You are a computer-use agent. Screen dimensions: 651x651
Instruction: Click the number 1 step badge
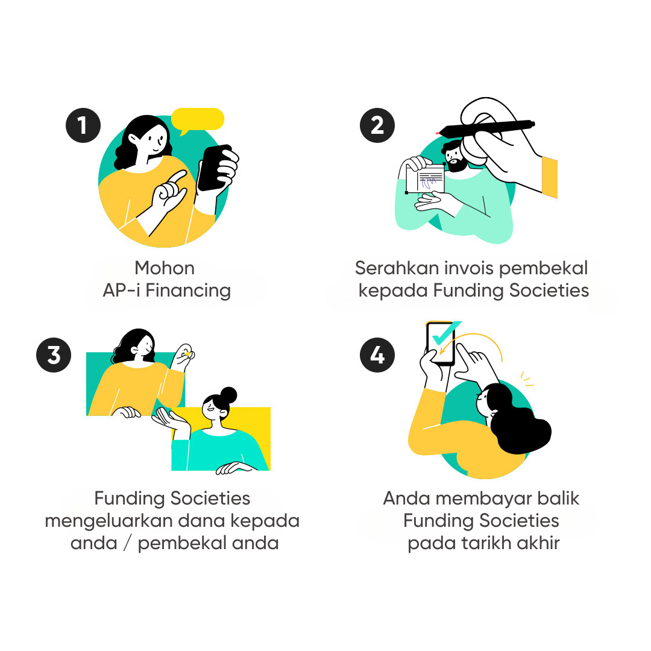83,125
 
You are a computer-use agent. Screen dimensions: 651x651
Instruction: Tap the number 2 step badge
377,125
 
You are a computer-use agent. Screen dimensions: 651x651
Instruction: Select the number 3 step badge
54,355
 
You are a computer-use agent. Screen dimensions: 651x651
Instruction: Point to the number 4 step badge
377,355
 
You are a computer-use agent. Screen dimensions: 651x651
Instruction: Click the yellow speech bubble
198,119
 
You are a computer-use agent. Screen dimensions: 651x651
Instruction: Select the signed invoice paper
425,179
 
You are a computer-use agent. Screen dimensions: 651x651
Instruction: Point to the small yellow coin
188,353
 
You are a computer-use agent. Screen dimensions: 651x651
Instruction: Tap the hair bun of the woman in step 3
228,395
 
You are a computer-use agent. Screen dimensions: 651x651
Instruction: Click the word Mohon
165,268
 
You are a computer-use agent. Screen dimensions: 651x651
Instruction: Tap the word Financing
188,291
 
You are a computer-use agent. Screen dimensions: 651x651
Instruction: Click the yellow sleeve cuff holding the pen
549,177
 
